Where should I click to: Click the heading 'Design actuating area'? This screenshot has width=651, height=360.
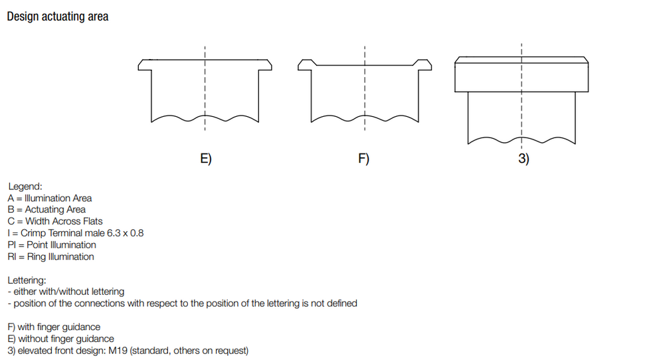pos(58,17)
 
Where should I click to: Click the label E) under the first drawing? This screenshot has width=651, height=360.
pos(206,158)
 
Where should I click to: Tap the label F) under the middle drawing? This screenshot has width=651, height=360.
pos(364,158)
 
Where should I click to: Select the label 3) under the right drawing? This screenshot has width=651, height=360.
pos(523,158)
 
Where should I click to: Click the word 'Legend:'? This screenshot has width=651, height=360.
pos(25,187)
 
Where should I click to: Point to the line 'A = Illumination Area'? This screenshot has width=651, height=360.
pos(50,198)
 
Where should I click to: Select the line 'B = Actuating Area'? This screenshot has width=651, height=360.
pos(46,209)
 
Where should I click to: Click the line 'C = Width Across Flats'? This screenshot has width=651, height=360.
pos(55,221)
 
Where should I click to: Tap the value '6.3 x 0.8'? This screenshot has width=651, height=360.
pos(125,233)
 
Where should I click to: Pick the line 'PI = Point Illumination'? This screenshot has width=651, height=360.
pos(52,244)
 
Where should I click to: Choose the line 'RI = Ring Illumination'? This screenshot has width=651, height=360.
pos(50,256)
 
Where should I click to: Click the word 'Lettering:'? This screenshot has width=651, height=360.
pos(27,280)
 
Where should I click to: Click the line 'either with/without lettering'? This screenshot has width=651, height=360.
pos(69,292)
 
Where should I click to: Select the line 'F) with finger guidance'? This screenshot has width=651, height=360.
pos(54,327)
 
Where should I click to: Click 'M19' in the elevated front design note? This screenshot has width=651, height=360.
pos(118,351)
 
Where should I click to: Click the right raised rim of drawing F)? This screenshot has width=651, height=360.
pos(422,64)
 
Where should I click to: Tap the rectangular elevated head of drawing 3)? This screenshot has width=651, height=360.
pos(521,74)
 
